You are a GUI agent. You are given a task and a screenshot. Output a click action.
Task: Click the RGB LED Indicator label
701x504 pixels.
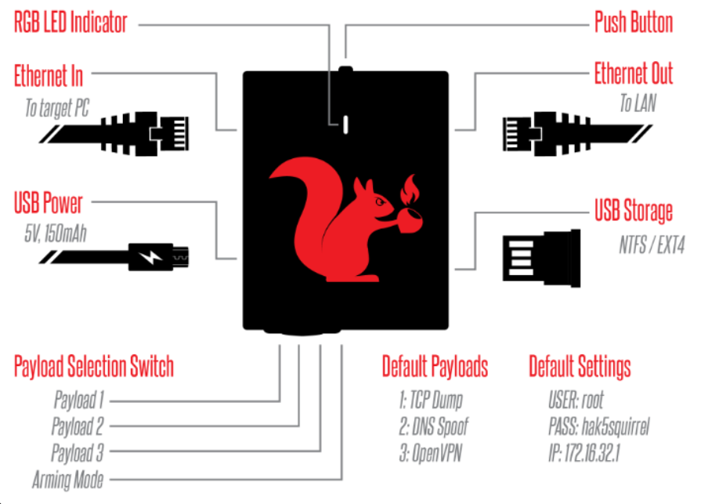click(x=70, y=23)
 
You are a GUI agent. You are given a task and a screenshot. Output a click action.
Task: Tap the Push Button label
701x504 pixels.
click(x=634, y=22)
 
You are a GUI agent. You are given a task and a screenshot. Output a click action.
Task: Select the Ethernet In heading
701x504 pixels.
click(x=49, y=75)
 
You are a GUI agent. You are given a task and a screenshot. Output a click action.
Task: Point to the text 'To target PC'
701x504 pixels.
click(x=56, y=108)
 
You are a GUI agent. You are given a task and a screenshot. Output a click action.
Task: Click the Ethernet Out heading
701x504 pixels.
click(x=634, y=74)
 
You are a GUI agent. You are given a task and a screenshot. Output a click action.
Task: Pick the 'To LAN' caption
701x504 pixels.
click(x=638, y=103)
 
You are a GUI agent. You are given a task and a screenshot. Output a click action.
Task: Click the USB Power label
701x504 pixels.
click(x=49, y=202)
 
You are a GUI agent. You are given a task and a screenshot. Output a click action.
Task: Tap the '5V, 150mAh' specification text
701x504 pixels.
click(x=56, y=234)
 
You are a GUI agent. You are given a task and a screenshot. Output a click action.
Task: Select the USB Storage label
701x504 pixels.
click(x=634, y=210)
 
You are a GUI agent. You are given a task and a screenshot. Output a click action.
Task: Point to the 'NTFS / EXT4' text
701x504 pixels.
click(x=652, y=245)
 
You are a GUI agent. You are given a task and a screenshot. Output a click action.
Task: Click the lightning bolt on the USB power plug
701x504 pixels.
click(x=150, y=257)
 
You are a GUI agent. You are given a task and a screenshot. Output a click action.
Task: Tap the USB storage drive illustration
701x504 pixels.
click(x=541, y=258)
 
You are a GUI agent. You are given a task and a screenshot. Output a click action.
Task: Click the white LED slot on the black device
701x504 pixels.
click(x=345, y=125)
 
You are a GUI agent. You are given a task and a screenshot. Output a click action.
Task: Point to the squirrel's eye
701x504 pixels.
click(x=381, y=201)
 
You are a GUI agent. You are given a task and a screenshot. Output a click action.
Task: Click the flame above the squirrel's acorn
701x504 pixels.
click(x=409, y=190)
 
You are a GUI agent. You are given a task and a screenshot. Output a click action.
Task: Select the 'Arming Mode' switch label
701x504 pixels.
click(x=68, y=480)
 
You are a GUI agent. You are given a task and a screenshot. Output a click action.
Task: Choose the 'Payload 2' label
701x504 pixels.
click(x=78, y=426)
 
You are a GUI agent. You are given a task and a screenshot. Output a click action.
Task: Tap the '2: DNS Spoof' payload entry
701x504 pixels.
click(x=434, y=426)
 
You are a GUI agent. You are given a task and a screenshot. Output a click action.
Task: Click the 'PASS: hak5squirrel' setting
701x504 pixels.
click(x=599, y=426)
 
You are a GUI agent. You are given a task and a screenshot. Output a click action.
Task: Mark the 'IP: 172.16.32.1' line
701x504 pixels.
click(x=584, y=452)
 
